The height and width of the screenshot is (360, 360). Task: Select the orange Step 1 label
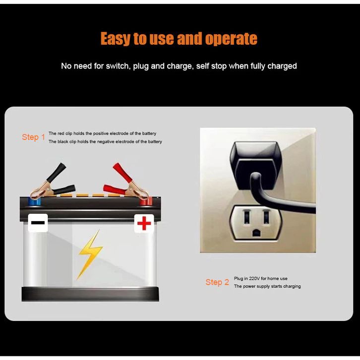pos(33,137)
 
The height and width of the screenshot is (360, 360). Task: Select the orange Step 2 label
pos(217,282)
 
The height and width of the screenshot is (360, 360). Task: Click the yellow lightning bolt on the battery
pos(90,254)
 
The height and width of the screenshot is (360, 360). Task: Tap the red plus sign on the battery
pos(144,223)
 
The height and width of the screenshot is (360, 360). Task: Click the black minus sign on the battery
pos(38,223)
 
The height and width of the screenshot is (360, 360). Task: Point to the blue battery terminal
pos(34,201)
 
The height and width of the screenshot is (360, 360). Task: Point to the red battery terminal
pos(146,201)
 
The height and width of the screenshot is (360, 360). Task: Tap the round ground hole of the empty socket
pos(256,233)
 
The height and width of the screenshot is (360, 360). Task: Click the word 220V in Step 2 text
pos(254,279)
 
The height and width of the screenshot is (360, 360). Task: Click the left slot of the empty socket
pos(246,217)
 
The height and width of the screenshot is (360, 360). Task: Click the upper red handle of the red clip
pos(122,172)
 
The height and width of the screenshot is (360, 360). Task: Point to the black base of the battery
pos(90,294)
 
